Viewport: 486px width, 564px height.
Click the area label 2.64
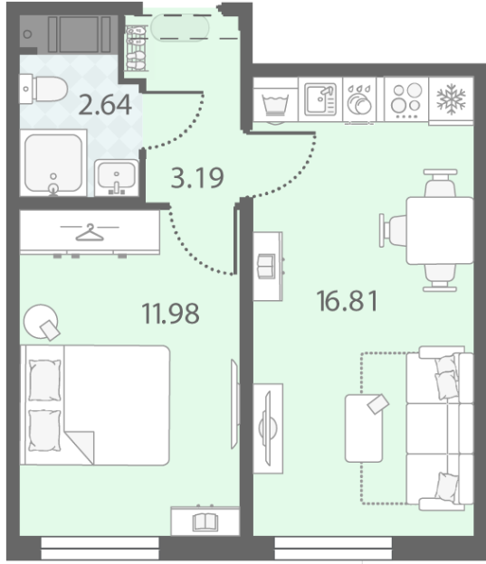pos(105,105)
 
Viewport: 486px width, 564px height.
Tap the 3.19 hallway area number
pos(197,177)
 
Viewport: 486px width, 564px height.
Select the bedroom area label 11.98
pos(170,314)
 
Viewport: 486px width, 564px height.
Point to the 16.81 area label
pos(348,301)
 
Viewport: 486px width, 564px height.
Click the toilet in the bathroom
pos(43,89)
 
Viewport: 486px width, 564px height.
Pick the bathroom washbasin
pos(117,178)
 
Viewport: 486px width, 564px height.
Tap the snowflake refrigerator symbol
pos(451,99)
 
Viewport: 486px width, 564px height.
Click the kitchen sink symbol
pos(320,99)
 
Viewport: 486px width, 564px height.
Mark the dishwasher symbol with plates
pos(359,100)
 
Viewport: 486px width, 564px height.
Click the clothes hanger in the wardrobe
pos(90,232)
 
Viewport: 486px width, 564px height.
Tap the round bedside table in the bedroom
pos(41,322)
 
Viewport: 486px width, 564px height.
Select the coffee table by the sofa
pos(364,428)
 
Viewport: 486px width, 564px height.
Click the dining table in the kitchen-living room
pos(440,230)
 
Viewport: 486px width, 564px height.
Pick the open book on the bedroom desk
pos(205,522)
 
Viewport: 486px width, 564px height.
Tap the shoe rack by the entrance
pos(136,48)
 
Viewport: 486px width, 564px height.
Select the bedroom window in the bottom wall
pos(100,548)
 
